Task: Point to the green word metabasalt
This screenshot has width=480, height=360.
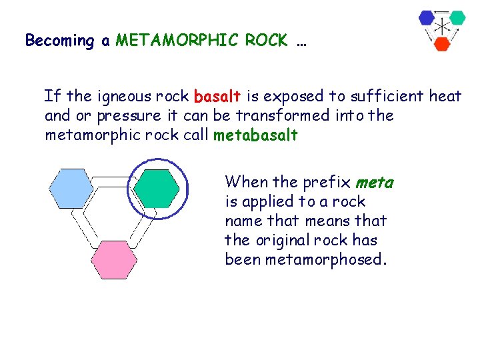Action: (x=255, y=135)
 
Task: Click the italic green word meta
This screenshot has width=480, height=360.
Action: (x=374, y=182)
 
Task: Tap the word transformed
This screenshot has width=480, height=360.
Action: (x=286, y=116)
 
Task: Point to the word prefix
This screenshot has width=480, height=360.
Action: (x=327, y=182)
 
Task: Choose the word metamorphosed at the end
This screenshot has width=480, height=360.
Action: (x=325, y=259)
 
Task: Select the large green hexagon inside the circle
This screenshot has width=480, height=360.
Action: (x=156, y=189)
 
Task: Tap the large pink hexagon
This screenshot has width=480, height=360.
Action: (x=114, y=260)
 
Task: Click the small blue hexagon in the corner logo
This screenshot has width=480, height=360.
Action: (x=427, y=18)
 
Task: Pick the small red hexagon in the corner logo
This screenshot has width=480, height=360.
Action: (x=441, y=44)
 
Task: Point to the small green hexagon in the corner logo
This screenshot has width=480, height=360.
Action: (x=457, y=18)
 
